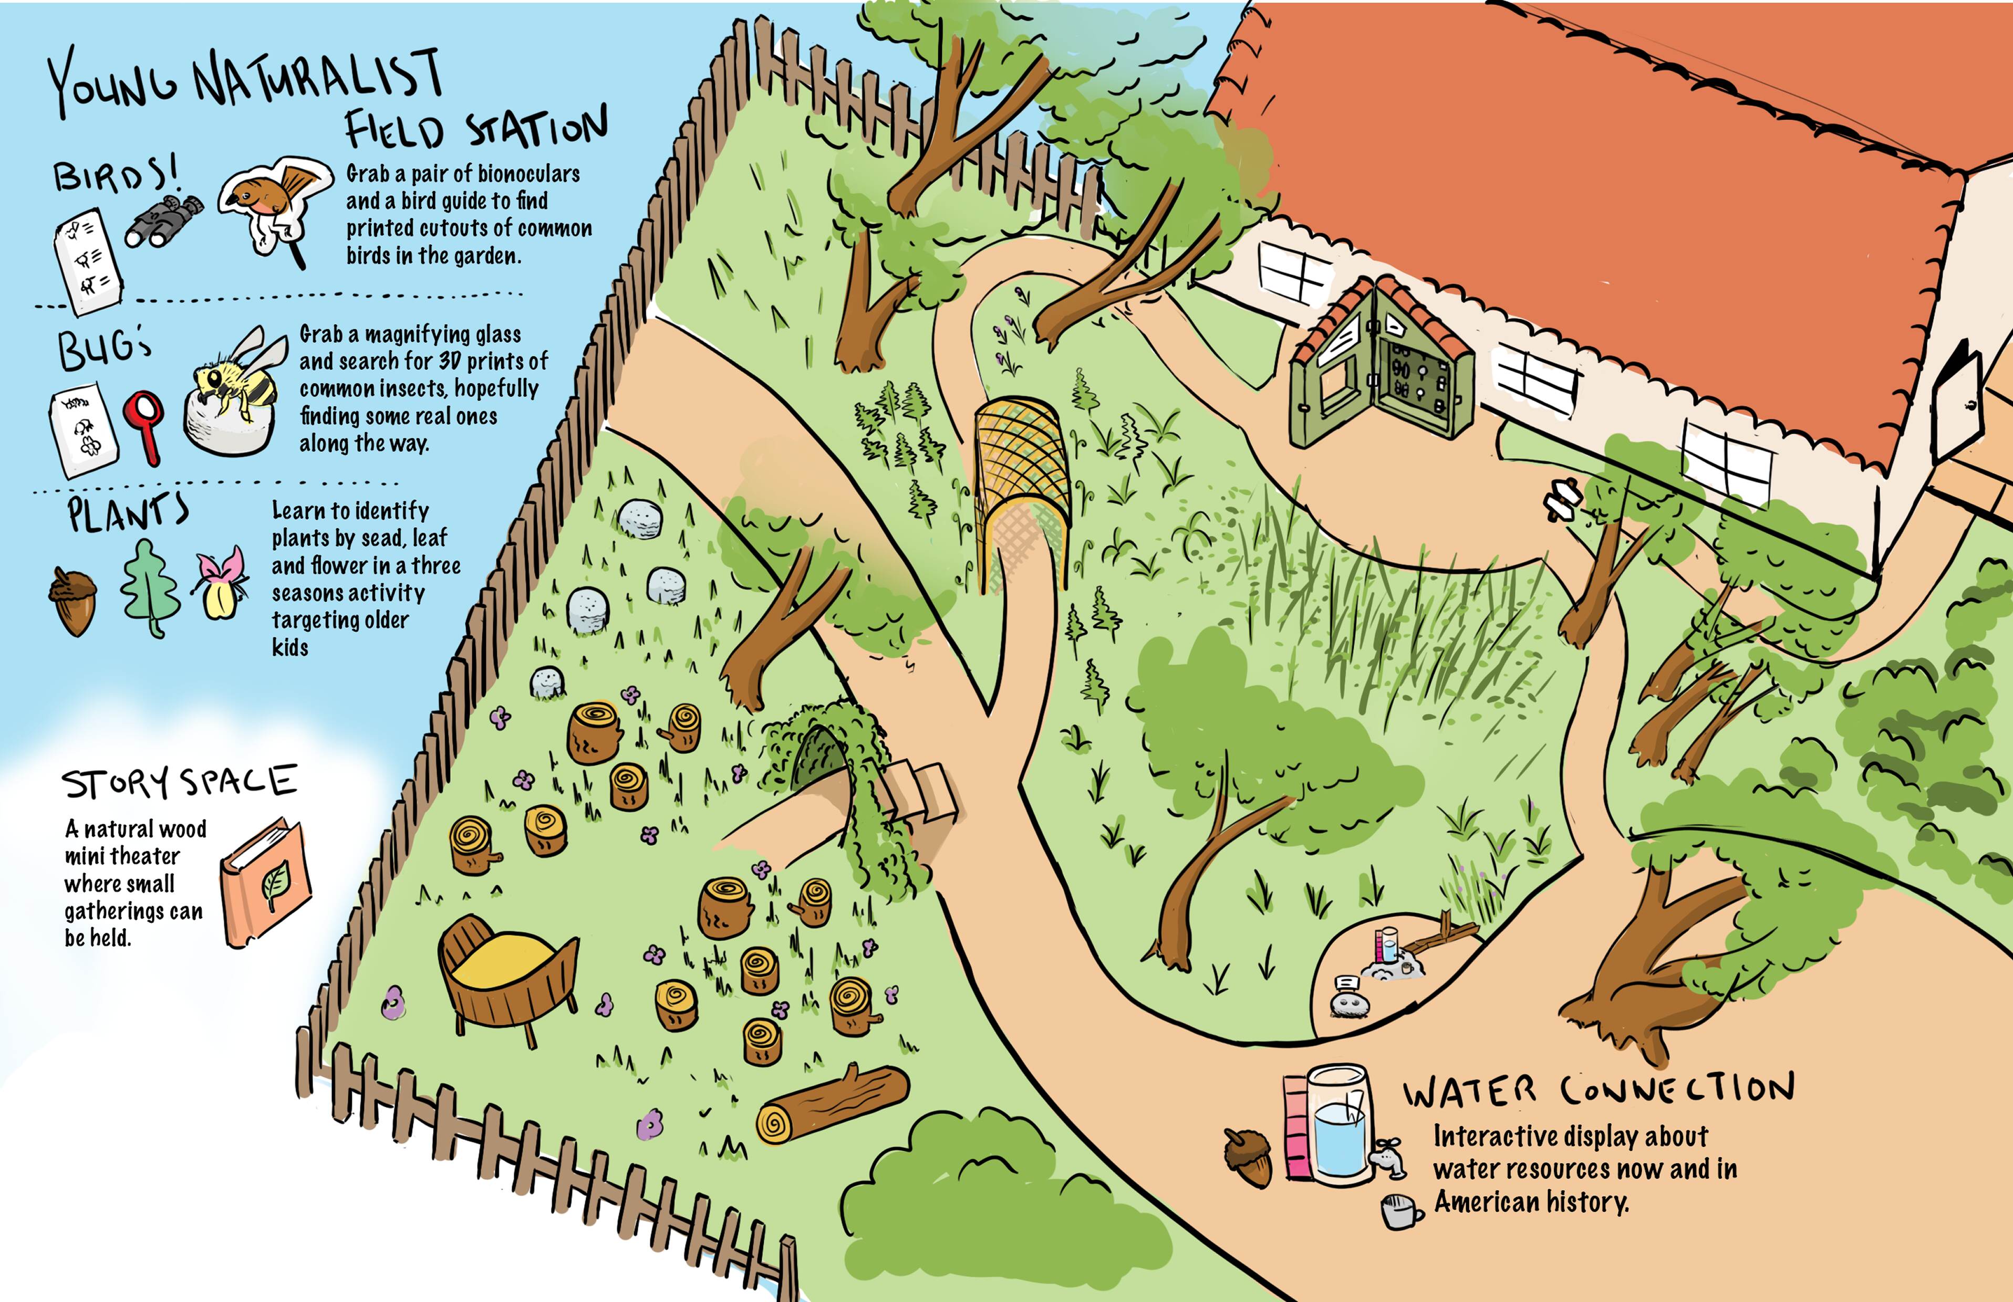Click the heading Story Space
coord(179,782)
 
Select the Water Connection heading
coord(1599,1090)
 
